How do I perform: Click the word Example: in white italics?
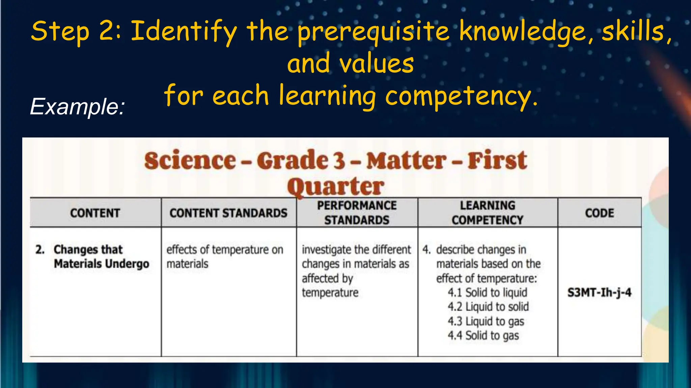78,107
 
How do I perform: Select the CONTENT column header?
95,213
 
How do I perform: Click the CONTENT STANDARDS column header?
228,213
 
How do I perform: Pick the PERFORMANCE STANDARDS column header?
357,213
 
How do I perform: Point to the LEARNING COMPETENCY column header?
488,213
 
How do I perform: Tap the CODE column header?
600,213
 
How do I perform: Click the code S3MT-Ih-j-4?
599,292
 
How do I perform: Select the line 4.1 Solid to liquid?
487,292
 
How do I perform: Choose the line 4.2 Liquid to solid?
488,307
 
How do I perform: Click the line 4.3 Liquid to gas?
486,321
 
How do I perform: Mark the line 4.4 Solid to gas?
483,335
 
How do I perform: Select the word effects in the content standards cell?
182,250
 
